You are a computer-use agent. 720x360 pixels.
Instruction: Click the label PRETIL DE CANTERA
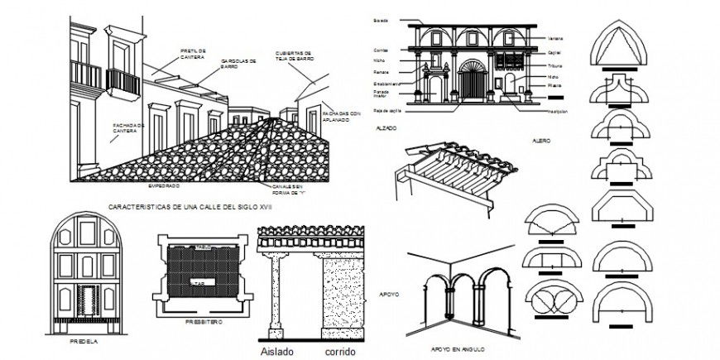pos(192,52)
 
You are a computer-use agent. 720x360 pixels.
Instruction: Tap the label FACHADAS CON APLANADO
pos(341,116)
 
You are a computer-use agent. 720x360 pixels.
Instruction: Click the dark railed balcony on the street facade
pos(122,81)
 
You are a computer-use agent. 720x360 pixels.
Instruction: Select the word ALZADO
pos(385,128)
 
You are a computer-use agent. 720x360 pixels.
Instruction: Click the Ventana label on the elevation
pos(555,38)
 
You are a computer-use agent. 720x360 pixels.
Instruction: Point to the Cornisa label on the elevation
pos(380,50)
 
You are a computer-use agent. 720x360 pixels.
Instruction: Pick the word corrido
pos(340,351)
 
